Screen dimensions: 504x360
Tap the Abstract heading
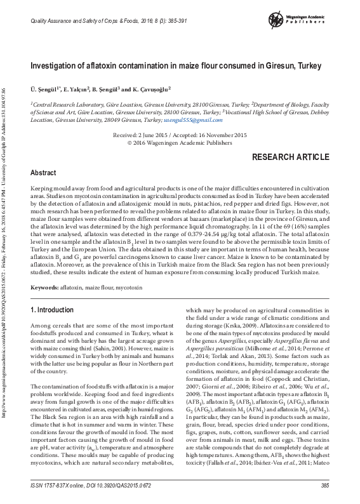point(43,173)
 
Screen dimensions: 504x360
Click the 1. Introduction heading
point(52,310)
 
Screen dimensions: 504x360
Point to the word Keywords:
point(45,288)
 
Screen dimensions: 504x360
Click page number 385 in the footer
point(325,486)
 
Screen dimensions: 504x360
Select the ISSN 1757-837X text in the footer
point(53,486)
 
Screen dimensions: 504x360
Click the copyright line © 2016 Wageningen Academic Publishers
point(180,143)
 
